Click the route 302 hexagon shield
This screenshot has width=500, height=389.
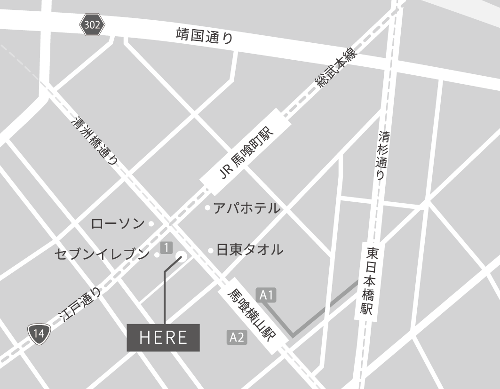pyautogui.click(x=92, y=25)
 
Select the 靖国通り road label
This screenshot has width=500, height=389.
pyautogui.click(x=205, y=36)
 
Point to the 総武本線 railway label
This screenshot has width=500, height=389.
pyautogui.click(x=336, y=67)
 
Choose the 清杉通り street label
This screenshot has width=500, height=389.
pyautogui.click(x=382, y=156)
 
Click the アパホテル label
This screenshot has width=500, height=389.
pyautogui.click(x=246, y=208)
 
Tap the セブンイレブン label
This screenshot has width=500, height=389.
pyautogui.click(x=102, y=254)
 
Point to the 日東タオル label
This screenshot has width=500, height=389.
pyautogui.click(x=249, y=250)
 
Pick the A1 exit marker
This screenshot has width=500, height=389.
pyautogui.click(x=267, y=295)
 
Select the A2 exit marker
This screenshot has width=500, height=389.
pyautogui.click(x=237, y=337)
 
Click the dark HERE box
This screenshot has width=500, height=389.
pyautogui.click(x=163, y=337)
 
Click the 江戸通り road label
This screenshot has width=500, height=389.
pyautogui.click(x=80, y=305)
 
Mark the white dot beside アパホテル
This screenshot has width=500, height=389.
pyautogui.click(x=207, y=208)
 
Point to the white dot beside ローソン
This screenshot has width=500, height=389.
pyautogui.click(x=151, y=224)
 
